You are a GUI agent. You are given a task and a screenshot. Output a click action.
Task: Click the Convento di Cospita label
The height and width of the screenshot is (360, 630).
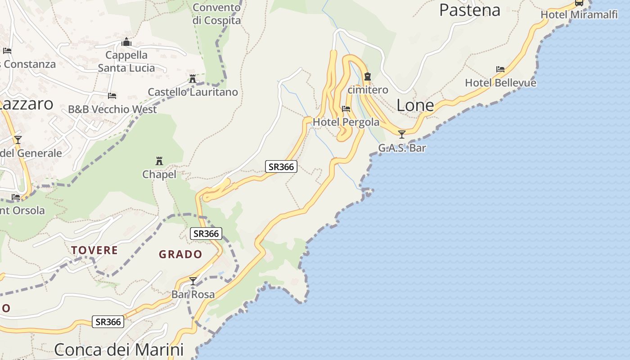(x=216, y=14)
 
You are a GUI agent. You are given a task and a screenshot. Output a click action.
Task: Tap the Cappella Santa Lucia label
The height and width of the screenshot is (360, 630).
(x=126, y=62)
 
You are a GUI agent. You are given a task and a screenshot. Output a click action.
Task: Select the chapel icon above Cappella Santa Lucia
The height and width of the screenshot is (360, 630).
(x=126, y=42)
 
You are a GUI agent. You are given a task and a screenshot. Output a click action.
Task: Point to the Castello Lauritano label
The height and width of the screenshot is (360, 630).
(x=193, y=92)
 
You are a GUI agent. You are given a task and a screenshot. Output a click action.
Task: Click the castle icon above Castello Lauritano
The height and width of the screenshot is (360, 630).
(x=193, y=79)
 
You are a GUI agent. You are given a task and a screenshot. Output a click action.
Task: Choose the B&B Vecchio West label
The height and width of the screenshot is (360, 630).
(x=112, y=109)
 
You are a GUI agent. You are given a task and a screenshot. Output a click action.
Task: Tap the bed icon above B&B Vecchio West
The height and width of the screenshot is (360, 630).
(x=112, y=96)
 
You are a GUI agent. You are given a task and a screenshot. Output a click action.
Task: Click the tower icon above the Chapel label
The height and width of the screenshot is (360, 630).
(x=159, y=161)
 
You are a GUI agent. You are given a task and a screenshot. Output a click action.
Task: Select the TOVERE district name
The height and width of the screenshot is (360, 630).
(x=94, y=250)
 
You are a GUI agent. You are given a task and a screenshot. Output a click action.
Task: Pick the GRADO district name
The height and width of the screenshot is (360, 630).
(x=180, y=254)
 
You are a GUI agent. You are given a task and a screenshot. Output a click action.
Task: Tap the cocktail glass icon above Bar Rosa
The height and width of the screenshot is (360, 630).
(x=193, y=281)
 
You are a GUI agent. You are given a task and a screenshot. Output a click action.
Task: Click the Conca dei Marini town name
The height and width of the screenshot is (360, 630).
(x=119, y=350)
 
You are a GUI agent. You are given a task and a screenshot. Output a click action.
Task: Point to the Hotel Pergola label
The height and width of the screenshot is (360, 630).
(x=346, y=122)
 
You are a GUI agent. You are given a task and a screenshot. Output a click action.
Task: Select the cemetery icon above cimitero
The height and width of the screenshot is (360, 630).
(x=368, y=76)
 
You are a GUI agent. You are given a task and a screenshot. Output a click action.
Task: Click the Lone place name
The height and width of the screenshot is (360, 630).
(x=415, y=105)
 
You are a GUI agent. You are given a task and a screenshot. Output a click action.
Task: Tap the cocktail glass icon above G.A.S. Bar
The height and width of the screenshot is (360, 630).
(x=402, y=134)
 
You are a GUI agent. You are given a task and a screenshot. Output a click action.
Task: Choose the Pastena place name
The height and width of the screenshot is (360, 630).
(x=469, y=10)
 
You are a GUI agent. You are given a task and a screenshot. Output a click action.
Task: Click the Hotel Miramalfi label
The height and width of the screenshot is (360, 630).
(x=572, y=14)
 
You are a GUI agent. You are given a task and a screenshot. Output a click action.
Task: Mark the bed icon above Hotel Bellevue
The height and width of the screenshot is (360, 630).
(x=500, y=69)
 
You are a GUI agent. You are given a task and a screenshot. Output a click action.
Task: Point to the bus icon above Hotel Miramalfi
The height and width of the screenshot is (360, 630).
(x=579, y=3)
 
